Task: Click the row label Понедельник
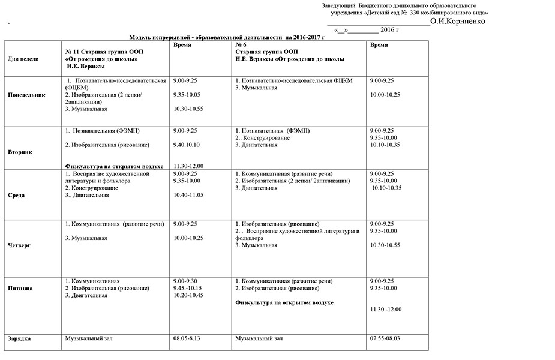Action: (26, 95)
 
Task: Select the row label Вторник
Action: (20, 152)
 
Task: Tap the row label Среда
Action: (16, 196)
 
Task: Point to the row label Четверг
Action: (20, 245)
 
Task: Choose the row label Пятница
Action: (20, 289)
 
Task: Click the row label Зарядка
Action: (19, 339)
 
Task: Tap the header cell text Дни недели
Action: (23, 59)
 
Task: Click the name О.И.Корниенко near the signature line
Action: (458, 21)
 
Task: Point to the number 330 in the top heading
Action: (418, 13)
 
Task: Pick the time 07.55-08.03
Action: (386, 339)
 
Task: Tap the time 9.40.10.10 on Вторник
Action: (186, 145)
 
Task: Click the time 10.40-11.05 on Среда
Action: (188, 195)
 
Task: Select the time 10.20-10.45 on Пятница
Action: (188, 295)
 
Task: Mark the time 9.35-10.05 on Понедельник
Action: (186, 95)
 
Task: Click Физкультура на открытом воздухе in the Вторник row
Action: (114, 166)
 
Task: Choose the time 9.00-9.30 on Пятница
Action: (185, 281)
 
